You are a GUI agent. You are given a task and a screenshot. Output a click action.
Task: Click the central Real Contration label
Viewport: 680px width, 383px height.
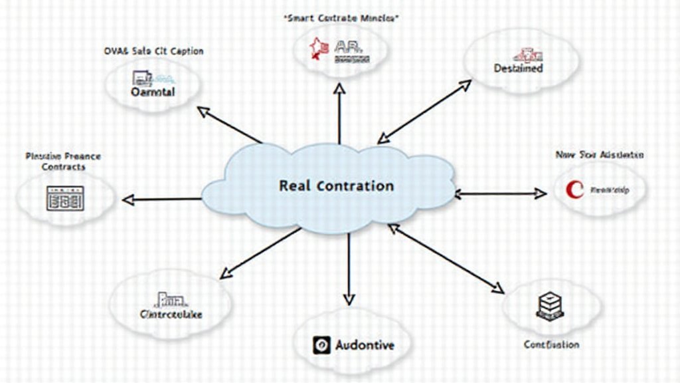(x=336, y=186)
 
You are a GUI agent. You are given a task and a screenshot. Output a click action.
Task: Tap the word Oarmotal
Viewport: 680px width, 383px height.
(x=153, y=92)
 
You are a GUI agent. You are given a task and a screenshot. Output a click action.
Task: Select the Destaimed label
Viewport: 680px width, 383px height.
(x=519, y=68)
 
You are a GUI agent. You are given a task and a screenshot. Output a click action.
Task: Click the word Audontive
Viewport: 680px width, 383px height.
(x=365, y=345)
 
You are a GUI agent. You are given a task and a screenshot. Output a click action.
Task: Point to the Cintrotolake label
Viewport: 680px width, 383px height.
(x=171, y=314)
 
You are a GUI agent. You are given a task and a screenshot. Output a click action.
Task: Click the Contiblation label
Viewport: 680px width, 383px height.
(x=551, y=344)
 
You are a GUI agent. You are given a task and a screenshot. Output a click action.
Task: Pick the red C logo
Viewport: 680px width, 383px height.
(x=574, y=190)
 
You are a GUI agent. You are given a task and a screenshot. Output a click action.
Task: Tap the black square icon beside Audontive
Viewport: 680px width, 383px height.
(x=321, y=345)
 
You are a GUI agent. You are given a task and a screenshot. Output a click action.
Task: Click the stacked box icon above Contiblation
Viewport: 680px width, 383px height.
(x=549, y=305)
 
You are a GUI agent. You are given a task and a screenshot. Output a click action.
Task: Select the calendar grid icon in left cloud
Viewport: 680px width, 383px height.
(x=65, y=198)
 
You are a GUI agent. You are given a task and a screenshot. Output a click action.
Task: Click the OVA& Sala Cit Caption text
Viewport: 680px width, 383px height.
(x=153, y=51)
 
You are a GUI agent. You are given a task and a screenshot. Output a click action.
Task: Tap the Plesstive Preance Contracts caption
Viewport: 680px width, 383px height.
(x=63, y=162)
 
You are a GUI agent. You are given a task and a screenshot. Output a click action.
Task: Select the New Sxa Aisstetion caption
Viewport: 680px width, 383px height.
(x=599, y=155)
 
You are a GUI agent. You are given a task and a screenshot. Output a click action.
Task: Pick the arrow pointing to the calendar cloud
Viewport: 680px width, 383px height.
(x=161, y=199)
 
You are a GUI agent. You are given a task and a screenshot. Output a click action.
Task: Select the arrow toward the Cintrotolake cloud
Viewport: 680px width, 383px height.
(x=261, y=252)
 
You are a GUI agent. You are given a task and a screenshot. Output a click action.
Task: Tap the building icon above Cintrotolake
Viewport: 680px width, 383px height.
(x=171, y=299)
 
